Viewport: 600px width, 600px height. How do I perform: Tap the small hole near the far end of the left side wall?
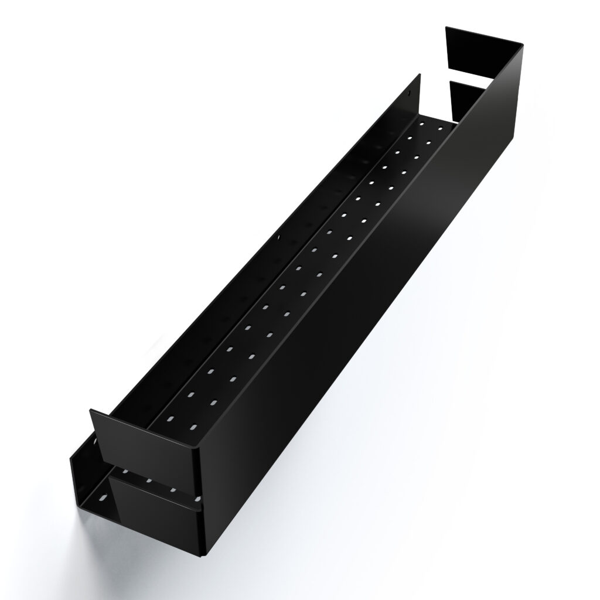click(x=410, y=92)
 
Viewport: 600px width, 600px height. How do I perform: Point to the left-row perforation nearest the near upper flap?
click(x=169, y=420)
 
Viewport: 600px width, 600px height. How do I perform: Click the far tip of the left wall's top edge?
click(x=419, y=75)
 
